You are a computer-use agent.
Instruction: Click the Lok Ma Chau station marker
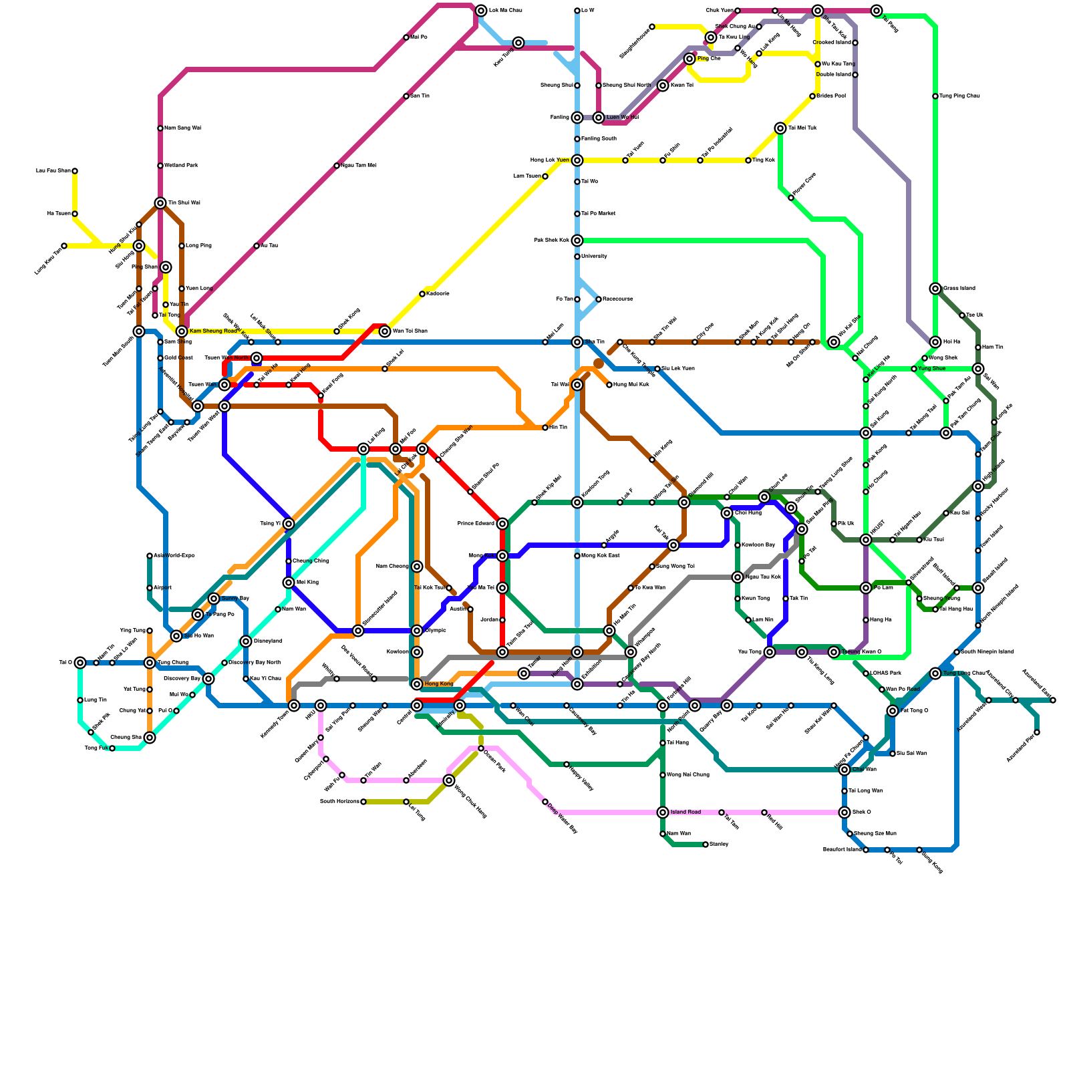(481, 11)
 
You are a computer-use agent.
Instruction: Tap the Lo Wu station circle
(577, 11)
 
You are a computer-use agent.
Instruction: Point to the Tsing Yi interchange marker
(289, 524)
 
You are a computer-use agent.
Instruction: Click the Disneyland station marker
(246, 641)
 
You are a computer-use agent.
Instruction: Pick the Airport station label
(162, 588)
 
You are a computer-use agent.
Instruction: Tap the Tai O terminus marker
(80, 663)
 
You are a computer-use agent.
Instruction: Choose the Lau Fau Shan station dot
(75, 171)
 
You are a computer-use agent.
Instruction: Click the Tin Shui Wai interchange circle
(160, 203)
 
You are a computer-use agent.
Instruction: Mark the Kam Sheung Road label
(213, 331)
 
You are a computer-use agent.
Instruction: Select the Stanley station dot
(706, 845)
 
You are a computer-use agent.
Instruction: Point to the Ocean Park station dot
(481, 748)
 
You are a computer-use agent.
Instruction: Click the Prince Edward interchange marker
(502, 524)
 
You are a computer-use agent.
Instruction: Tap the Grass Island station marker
(935, 289)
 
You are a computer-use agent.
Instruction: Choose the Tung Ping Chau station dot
(935, 96)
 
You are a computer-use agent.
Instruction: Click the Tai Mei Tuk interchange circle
(780, 128)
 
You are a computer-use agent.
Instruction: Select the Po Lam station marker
(866, 588)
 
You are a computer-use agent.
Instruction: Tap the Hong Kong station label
(439, 684)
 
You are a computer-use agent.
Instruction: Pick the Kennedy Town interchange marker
(294, 706)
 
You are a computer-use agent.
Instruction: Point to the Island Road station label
(685, 812)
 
